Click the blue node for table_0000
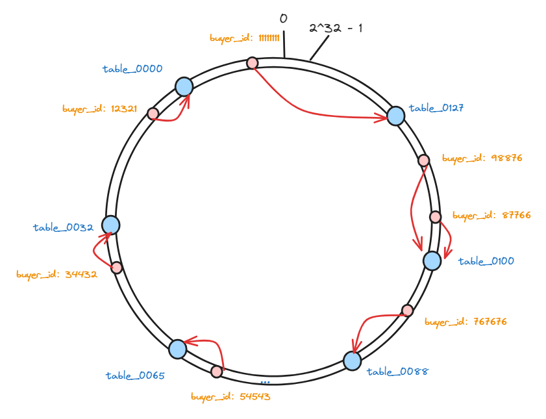pos(184,86)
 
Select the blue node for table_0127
pos(395,116)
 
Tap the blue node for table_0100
pos(432,260)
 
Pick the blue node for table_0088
pos(352,361)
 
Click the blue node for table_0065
pos(177,349)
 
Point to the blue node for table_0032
pos(110,225)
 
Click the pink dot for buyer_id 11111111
pos(253,63)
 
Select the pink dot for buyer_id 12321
pos(153,114)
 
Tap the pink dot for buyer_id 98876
pos(423,160)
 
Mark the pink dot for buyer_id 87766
pos(435,217)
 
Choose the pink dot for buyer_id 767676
pos(407,311)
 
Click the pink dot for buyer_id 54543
pos(216,372)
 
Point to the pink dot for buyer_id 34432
pos(117,268)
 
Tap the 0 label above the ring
pos(283,19)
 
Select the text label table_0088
pos(397,372)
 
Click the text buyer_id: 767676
pos(465,322)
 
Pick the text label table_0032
pos(63,228)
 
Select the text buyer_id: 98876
pos(482,158)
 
